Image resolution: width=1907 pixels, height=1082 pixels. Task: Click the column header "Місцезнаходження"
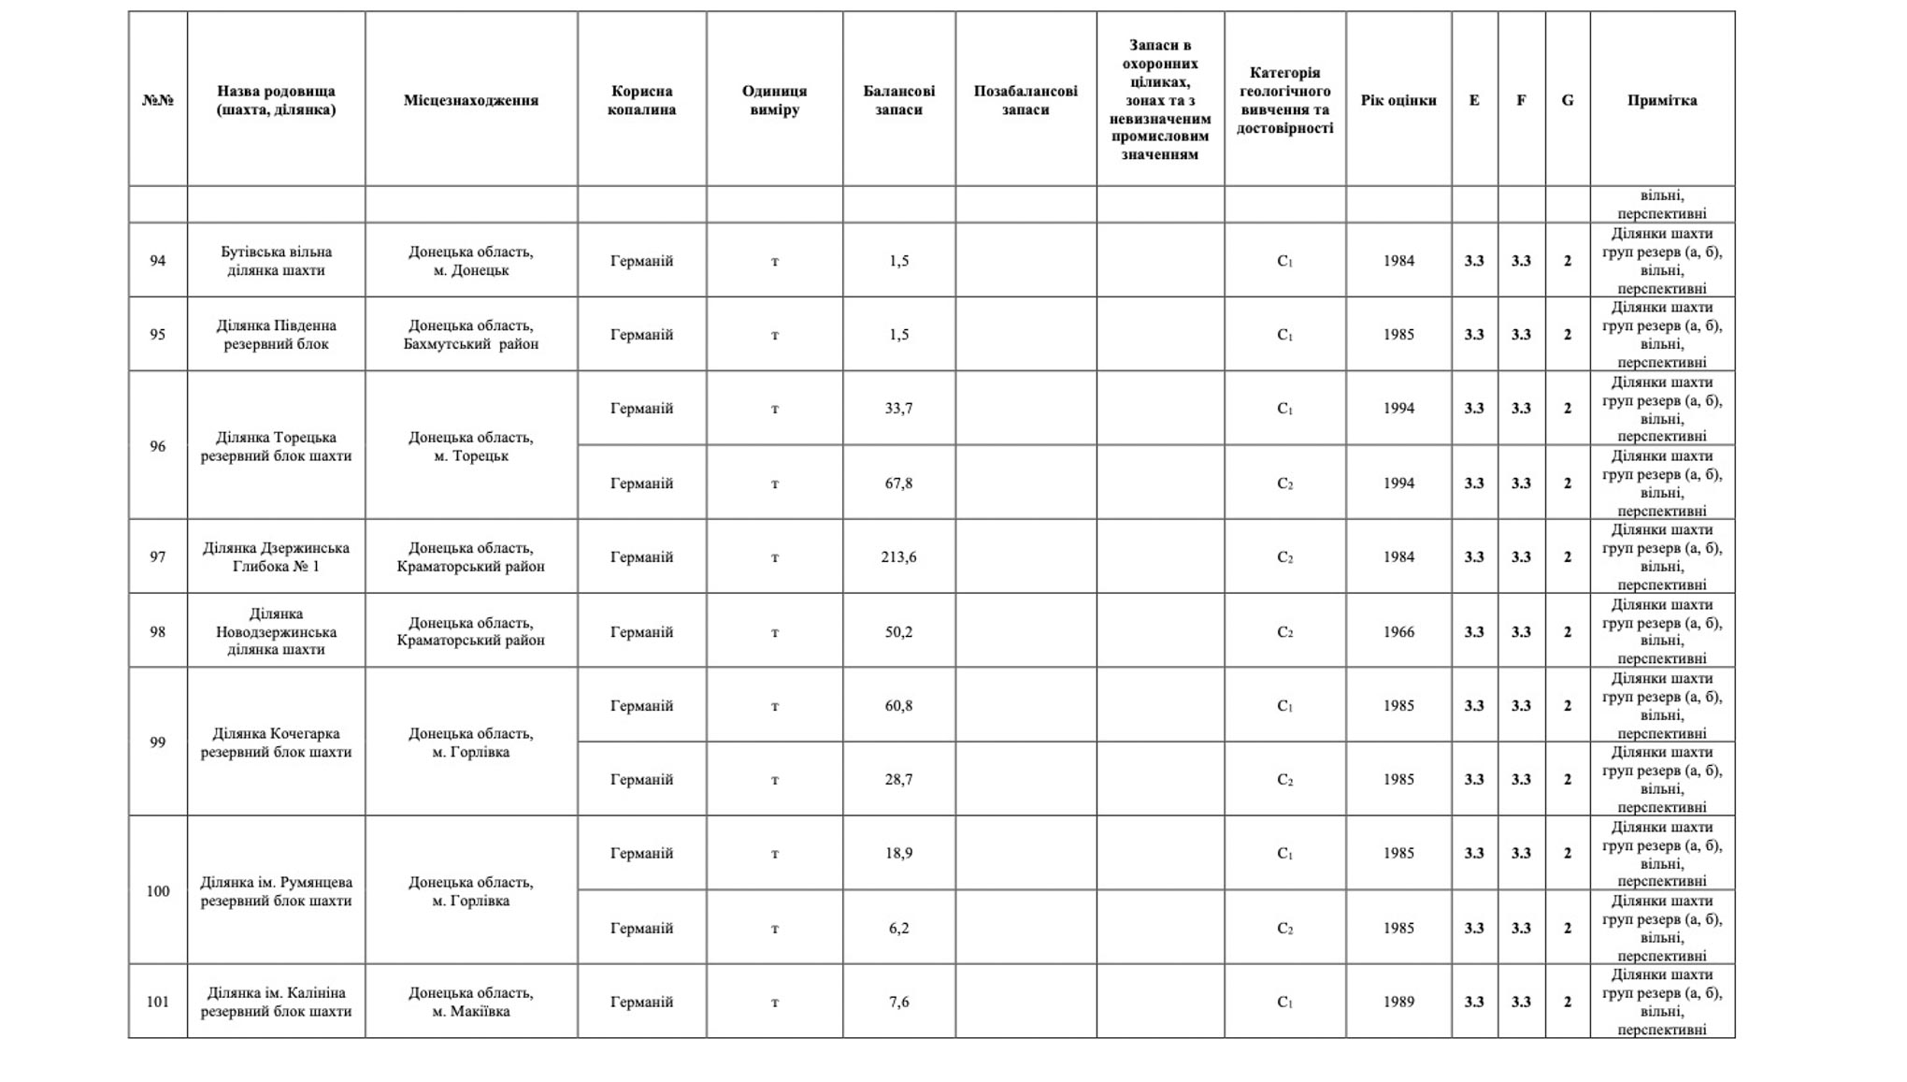coord(470,100)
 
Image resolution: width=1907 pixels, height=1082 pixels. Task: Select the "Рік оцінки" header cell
coord(1398,100)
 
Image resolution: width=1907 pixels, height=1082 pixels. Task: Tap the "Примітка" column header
coord(1661,100)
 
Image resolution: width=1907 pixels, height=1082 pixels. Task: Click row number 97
coord(157,556)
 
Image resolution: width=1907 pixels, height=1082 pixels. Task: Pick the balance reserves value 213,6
coord(898,556)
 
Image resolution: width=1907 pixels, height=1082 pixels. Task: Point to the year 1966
coord(1398,631)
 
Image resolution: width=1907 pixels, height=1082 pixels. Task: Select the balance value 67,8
coord(898,483)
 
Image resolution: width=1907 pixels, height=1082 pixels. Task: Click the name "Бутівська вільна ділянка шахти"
coord(276,261)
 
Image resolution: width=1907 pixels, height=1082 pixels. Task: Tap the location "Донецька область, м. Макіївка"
coord(470,1002)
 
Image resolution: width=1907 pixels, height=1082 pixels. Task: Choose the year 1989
coord(1398,1002)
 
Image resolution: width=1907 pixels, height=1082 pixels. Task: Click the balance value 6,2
coord(898,928)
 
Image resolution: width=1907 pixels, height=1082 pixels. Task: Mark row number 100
coord(157,890)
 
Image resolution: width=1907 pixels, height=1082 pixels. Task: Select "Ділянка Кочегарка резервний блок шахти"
coord(276,743)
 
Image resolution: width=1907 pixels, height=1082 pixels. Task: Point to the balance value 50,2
coord(898,631)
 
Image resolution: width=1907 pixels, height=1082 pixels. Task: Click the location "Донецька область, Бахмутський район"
coord(470,335)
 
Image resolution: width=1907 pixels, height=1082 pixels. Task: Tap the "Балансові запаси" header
coord(898,100)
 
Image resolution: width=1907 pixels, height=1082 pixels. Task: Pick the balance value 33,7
coord(898,408)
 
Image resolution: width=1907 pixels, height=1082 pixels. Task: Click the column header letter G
coord(1567,100)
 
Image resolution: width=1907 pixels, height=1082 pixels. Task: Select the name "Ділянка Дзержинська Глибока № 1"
coord(276,556)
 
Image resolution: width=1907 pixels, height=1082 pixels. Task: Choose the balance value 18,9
coord(898,853)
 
